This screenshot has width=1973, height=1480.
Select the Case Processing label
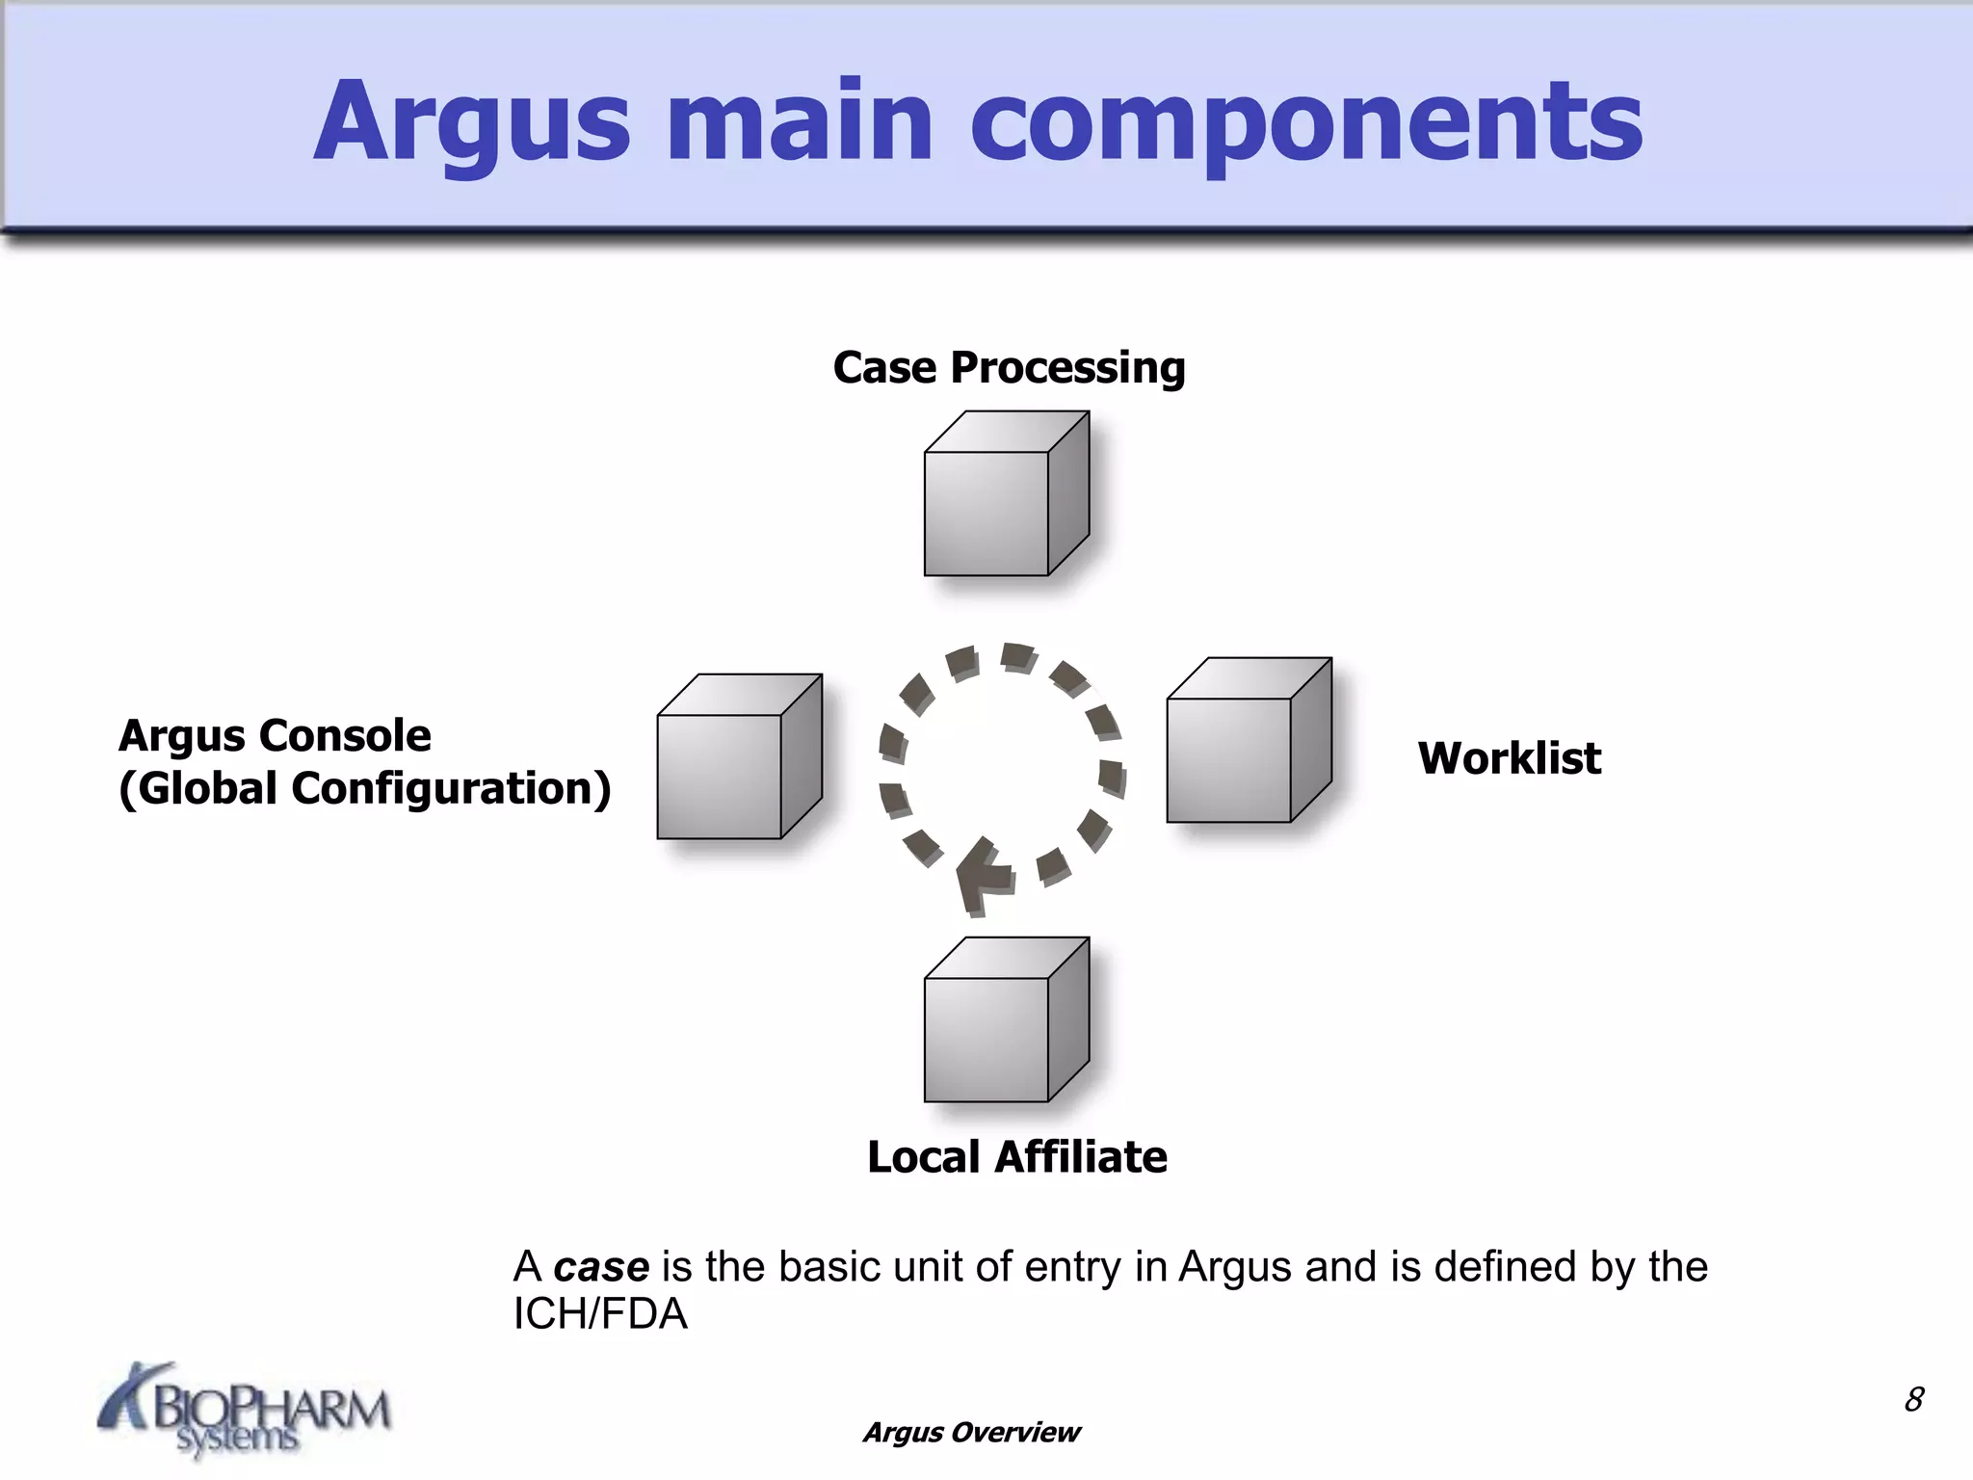(1009, 368)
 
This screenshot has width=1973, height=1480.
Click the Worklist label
(1509, 758)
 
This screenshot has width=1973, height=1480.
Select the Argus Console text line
(275, 736)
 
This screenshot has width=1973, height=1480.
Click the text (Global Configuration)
(364, 788)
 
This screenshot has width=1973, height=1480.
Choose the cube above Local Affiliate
(1002, 1025)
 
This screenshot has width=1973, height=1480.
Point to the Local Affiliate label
(1016, 1157)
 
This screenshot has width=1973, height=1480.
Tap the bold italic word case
(601, 1267)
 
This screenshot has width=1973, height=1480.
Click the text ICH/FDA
(600, 1315)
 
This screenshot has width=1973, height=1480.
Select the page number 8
(1913, 1399)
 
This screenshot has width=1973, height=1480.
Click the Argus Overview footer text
(971, 1433)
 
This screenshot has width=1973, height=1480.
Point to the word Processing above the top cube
(1067, 368)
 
